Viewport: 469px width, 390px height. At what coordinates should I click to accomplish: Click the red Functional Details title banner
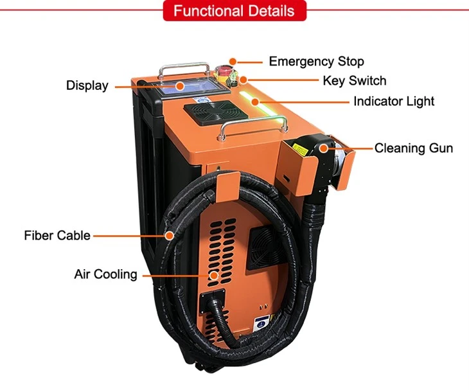click(x=234, y=11)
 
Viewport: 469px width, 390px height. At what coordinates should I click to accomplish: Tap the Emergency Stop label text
click(x=317, y=61)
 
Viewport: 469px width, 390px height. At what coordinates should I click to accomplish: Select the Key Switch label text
click(x=355, y=81)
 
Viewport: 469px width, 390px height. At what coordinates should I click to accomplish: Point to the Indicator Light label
click(x=394, y=101)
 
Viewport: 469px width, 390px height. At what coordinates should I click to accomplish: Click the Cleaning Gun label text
click(x=414, y=148)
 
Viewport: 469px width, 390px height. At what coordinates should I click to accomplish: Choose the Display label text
click(x=87, y=85)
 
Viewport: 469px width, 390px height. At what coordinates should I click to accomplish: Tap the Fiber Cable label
click(x=57, y=235)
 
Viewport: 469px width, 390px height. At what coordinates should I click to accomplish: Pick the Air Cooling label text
click(x=105, y=274)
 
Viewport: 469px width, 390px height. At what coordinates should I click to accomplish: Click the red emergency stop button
click(x=223, y=71)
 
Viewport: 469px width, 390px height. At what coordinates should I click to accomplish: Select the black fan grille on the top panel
click(x=216, y=112)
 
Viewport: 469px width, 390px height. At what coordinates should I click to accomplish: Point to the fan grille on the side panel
click(x=264, y=247)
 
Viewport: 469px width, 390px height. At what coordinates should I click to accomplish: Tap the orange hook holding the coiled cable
click(x=227, y=186)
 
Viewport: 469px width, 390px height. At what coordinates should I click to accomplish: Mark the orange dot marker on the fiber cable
click(x=170, y=236)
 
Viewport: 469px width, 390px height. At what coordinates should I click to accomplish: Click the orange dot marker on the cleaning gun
click(x=323, y=148)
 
